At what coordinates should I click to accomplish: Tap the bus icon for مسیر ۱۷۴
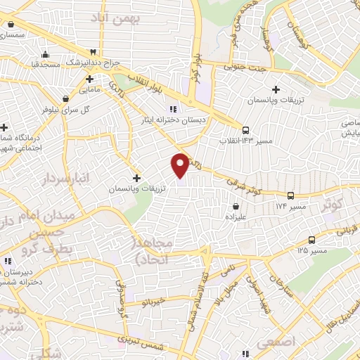pyautogui.click(x=290, y=195)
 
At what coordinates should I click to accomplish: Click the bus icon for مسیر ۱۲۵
pyautogui.click(x=311, y=239)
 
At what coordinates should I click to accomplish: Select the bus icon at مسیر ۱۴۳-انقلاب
pyautogui.click(x=245, y=129)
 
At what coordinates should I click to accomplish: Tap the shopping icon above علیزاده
pyautogui.click(x=235, y=207)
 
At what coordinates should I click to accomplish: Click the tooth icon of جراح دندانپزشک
pyautogui.click(x=91, y=53)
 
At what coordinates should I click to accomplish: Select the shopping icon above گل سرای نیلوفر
pyautogui.click(x=65, y=98)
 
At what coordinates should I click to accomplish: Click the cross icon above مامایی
pyautogui.click(x=89, y=79)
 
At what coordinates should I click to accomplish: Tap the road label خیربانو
pyautogui.click(x=153, y=302)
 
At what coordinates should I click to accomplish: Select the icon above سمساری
pyautogui.click(x=11, y=23)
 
